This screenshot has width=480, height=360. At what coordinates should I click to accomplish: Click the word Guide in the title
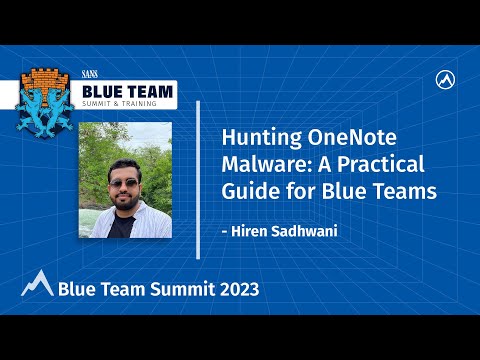click(x=246, y=191)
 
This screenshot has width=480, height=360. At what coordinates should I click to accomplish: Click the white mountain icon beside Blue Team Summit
click(x=36, y=284)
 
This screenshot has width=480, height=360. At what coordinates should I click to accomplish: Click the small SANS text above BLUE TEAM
click(x=91, y=74)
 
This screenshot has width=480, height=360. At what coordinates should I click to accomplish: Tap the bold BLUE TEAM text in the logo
click(x=126, y=91)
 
